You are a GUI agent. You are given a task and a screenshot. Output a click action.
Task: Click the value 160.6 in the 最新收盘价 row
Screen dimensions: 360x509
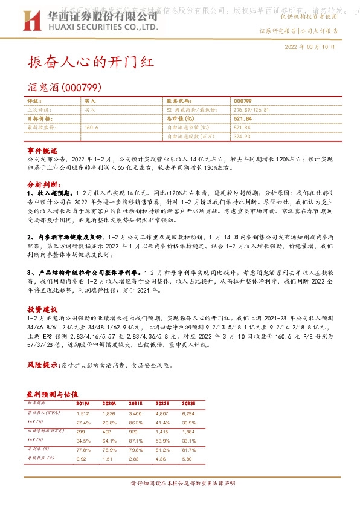tap(91, 128)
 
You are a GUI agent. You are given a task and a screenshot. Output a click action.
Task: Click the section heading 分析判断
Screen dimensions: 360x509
tap(43, 182)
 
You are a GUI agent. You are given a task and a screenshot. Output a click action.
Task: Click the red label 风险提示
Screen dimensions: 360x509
tap(43, 366)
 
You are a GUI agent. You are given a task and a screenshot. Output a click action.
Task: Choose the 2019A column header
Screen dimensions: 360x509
tap(83, 403)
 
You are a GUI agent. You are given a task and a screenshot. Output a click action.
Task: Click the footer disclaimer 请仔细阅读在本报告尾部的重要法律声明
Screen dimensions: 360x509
tap(180, 484)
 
